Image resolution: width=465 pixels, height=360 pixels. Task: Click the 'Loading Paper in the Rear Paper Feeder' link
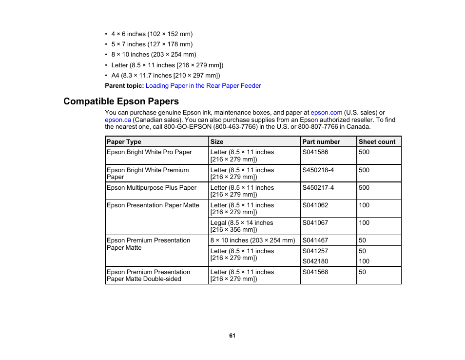coord(203,86)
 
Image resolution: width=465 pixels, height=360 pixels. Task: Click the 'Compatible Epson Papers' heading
coord(121,101)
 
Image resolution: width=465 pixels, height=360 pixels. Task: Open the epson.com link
coord(326,113)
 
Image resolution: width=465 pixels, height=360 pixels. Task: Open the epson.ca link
coord(118,120)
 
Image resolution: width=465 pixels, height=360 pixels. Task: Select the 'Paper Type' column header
coord(124,142)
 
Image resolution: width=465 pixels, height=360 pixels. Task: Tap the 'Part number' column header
coord(321,142)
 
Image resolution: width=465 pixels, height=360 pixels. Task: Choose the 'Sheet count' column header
coord(377,142)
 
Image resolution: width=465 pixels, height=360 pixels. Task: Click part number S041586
coord(315,152)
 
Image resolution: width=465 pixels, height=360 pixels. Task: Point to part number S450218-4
coord(318,170)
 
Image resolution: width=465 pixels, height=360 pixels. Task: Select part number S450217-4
coord(318,188)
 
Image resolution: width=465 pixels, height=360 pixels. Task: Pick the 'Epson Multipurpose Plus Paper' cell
coord(152,188)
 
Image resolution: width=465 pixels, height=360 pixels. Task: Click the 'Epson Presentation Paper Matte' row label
coord(153,205)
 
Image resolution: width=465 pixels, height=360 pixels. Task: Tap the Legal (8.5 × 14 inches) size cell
coord(242,226)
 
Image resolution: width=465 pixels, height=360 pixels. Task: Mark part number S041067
coord(315,223)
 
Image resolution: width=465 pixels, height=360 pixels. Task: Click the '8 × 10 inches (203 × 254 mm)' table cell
coord(252,240)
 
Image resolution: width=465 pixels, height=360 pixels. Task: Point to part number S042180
coord(315,261)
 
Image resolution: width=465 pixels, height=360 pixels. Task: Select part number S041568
coord(315,272)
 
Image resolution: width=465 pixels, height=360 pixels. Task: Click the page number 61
coord(232,336)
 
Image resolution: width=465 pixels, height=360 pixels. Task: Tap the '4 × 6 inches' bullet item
coord(152,34)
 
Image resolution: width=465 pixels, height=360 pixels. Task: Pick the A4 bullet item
coord(165,76)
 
